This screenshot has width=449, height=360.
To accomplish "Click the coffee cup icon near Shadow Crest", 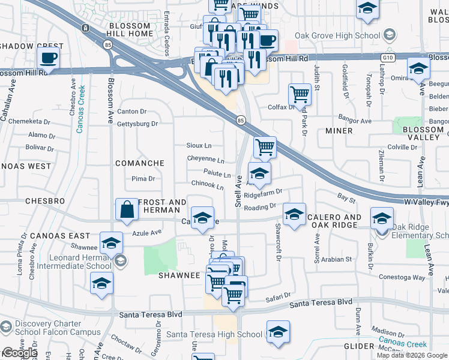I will [x=49, y=58].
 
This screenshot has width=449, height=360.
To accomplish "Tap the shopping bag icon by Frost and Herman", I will [x=127, y=210].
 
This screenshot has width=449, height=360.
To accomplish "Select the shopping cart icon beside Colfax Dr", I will [x=299, y=94].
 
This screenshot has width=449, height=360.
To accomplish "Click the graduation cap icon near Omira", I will [x=418, y=68].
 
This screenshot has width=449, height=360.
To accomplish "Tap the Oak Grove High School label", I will [x=343, y=36].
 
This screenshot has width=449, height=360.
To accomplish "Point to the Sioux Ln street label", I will [x=199, y=146].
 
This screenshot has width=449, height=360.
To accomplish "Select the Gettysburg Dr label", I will [x=137, y=124].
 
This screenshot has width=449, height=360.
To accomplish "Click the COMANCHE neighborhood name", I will [x=140, y=163].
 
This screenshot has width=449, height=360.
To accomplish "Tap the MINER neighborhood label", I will [x=339, y=131].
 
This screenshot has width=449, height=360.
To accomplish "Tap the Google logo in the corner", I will [x=19, y=353].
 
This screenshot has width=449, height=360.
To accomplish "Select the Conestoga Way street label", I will [x=402, y=277].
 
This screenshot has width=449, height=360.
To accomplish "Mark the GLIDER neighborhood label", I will [x=359, y=347].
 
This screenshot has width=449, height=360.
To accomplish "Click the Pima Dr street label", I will [x=143, y=179].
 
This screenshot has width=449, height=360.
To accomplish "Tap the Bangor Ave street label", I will [x=355, y=121].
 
